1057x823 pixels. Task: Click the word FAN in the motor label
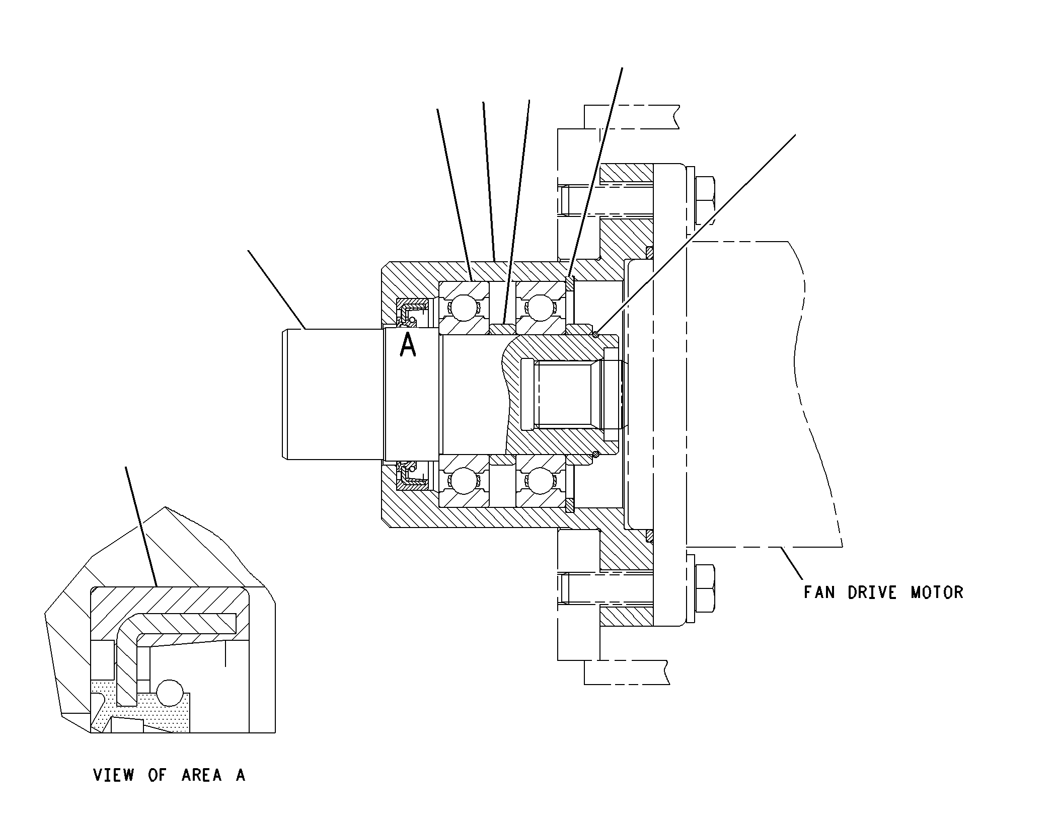819,592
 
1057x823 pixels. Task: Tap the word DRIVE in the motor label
872,592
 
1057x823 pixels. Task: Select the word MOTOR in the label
937,592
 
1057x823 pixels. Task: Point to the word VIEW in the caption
114,775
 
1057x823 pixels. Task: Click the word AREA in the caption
202,775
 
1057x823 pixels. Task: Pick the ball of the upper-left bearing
464,307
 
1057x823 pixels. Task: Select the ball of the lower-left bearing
464,481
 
